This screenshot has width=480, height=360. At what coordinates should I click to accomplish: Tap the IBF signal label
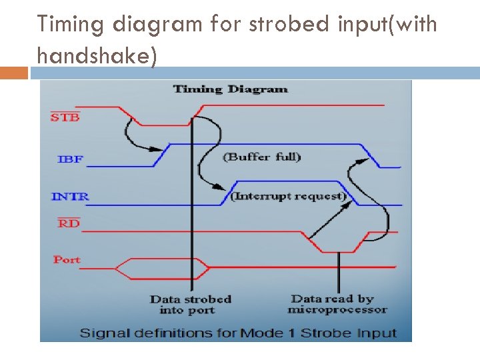pyautogui.click(x=70, y=159)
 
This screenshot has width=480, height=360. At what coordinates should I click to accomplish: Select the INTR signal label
pyautogui.click(x=70, y=197)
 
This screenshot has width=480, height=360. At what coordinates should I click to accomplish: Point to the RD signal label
pyautogui.click(x=69, y=223)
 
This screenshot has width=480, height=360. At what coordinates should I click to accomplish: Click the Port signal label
pyautogui.click(x=67, y=260)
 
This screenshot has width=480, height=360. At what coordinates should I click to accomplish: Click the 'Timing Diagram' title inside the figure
pyautogui.click(x=230, y=89)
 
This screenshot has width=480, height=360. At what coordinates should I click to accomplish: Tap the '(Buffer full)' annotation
pyautogui.click(x=261, y=157)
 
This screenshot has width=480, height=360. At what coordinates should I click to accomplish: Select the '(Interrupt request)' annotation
pyautogui.click(x=289, y=196)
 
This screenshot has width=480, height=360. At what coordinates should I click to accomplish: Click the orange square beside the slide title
pyautogui.click(x=14, y=72)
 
